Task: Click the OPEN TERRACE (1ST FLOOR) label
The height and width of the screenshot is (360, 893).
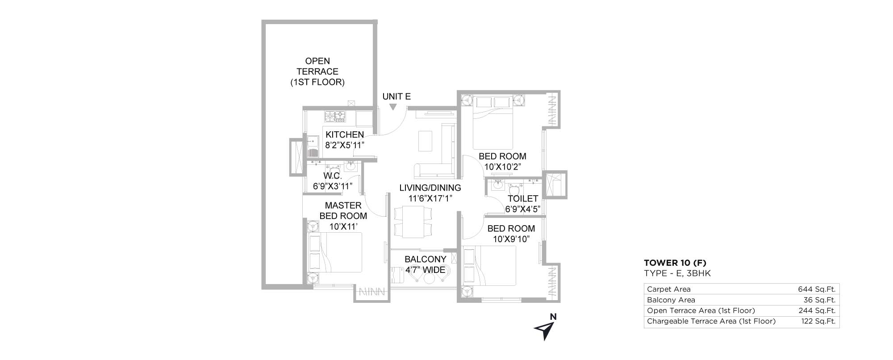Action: (x=317, y=71)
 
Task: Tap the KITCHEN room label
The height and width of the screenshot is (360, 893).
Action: (x=345, y=134)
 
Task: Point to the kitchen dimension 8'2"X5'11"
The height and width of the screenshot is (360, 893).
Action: (x=345, y=145)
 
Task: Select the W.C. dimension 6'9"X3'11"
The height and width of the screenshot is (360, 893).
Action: (x=333, y=186)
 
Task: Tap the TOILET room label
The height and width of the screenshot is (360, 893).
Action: (x=523, y=198)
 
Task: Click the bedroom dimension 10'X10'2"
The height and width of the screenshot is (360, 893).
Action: (x=503, y=167)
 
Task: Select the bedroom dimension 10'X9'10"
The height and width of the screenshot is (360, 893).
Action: (x=511, y=239)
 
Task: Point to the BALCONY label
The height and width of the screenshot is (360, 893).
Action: (x=425, y=259)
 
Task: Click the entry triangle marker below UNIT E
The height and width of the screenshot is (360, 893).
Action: (x=392, y=107)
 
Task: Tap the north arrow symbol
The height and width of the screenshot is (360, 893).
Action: (x=543, y=331)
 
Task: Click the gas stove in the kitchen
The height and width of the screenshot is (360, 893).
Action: (x=335, y=116)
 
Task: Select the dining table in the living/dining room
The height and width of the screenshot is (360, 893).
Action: (x=413, y=222)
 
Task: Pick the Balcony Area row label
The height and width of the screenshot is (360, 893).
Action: (x=671, y=300)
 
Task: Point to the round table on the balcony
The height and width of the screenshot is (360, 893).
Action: (x=429, y=279)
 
